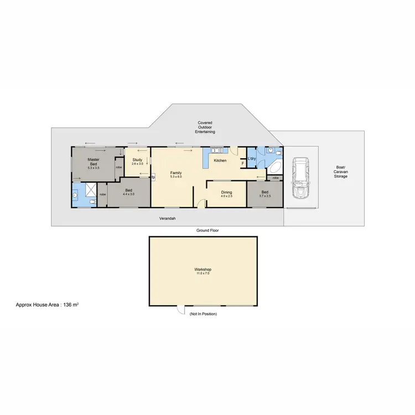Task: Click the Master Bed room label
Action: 93,161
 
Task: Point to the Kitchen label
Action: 220,160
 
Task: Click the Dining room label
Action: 226,193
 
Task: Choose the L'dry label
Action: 251,159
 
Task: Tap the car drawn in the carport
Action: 300,178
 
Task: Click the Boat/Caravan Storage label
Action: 341,172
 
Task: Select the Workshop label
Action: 203,269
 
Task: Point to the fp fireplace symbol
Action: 153,178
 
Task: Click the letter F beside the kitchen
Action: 242,163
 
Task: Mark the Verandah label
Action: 168,219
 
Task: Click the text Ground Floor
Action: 207,230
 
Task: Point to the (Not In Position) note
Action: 203,314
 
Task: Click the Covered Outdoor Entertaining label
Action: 205,127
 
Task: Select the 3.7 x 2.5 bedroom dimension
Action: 264,196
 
